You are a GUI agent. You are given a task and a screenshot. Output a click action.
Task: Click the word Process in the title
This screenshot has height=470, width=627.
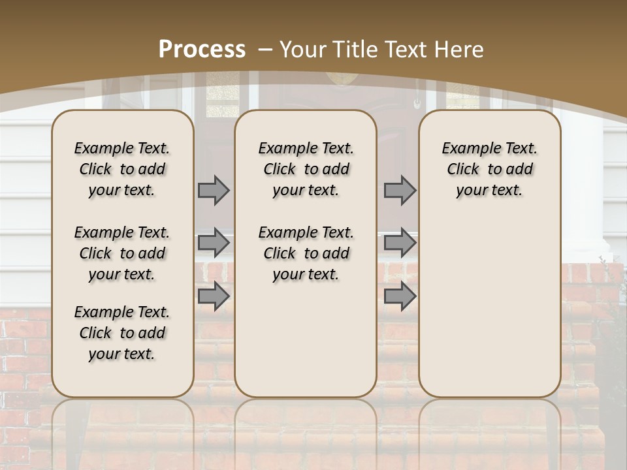point(202,50)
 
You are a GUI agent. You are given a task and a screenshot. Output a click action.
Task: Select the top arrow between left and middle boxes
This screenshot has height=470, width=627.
point(214,190)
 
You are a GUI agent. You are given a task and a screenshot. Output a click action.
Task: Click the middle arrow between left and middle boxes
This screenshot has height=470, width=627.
point(214,243)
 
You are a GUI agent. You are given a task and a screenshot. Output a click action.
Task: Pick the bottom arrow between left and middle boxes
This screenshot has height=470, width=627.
point(214,296)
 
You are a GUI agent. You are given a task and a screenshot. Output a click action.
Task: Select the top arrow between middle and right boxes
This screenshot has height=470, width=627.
point(400,190)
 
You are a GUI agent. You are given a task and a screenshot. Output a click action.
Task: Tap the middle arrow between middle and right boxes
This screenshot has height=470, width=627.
point(400,243)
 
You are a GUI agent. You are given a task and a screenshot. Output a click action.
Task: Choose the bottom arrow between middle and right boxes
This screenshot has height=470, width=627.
point(400,296)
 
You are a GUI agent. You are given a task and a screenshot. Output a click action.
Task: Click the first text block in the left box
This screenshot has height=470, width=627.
point(122,169)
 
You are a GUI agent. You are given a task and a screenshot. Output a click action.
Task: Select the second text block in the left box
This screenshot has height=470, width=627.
point(122,253)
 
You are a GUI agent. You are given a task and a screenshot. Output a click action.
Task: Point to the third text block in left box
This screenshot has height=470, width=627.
point(122,333)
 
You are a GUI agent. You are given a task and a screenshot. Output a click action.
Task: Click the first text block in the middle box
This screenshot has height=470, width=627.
point(306,169)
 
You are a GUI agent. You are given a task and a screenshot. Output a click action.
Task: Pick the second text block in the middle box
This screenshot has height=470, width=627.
point(306,253)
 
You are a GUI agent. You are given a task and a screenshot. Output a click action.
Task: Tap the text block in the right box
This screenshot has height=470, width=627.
point(490,169)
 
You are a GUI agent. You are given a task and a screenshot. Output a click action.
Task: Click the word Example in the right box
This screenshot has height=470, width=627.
point(465,149)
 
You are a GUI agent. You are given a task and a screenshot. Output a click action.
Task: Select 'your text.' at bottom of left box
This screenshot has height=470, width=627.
point(122,354)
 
